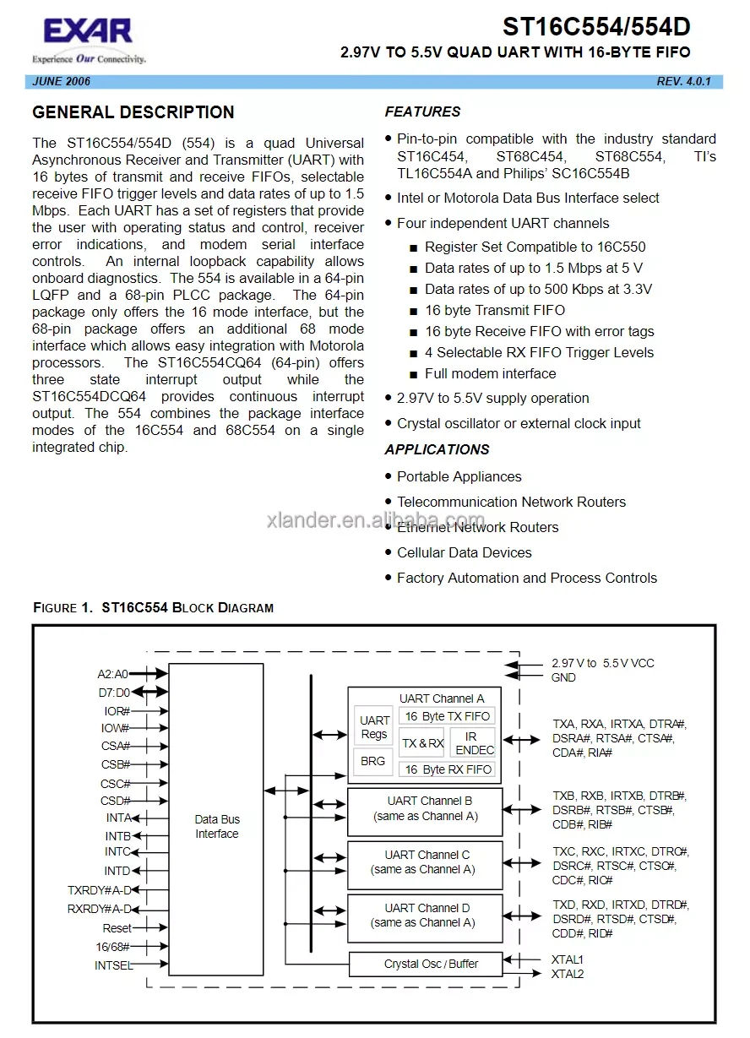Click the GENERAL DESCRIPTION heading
pos(133,112)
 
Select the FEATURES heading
pos(422,111)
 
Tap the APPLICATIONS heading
pos(437,449)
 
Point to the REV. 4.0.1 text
pos(684,82)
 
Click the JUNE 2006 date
pos(62,82)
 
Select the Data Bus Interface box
pos(217,826)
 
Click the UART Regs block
pos(374,727)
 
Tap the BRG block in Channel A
pos(372,761)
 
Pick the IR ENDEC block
pos(474,743)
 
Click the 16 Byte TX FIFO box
pos(447,716)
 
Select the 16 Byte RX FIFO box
pos(448,769)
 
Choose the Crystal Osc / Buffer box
pos(431,964)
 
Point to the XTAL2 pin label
pos(568,974)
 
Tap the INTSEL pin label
pos(113,965)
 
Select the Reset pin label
pos(117,928)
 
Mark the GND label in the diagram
pos(563,677)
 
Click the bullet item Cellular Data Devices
pos(464,552)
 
